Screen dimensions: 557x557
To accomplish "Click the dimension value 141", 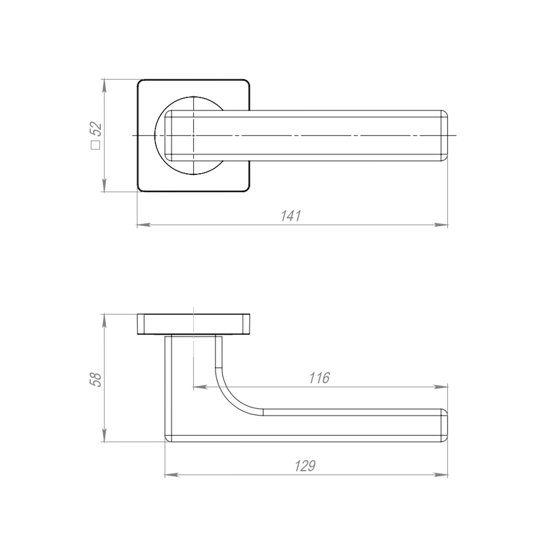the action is (x=291, y=216).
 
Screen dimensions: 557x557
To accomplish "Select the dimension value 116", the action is (x=319, y=378).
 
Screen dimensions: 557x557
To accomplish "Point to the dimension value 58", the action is (x=96, y=380).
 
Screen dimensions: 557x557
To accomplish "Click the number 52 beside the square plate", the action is (x=96, y=129).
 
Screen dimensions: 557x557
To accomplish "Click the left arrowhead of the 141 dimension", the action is (x=144, y=224).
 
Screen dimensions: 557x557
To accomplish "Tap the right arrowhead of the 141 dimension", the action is (x=441, y=224).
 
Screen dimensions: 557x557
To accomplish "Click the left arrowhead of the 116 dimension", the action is (x=200, y=387).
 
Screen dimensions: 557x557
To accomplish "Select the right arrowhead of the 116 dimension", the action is (x=441, y=387).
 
